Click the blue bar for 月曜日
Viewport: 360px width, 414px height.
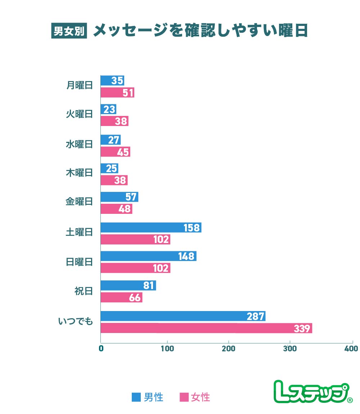pyautogui.click(x=112, y=81)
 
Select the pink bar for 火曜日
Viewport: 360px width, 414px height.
pyautogui.click(x=114, y=121)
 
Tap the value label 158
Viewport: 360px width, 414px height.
pyautogui.click(x=191, y=228)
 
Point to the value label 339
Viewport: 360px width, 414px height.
pyautogui.click(x=302, y=328)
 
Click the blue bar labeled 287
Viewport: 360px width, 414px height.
pyautogui.click(x=183, y=316)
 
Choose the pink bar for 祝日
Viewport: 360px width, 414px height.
pyautogui.click(x=121, y=298)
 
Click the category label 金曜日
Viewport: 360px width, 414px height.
pyautogui.click(x=79, y=202)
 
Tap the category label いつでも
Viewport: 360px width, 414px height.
pyautogui.click(x=76, y=321)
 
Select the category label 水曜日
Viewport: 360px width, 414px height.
pyautogui.click(x=79, y=144)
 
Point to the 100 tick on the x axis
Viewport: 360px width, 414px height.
pyautogui.click(x=167, y=348)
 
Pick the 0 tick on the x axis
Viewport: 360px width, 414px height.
pyautogui.click(x=101, y=348)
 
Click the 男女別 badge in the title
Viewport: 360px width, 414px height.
pyautogui.click(x=69, y=31)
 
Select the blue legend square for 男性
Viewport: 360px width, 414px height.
pyautogui.click(x=136, y=397)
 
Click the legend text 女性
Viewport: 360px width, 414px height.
pyautogui.click(x=200, y=397)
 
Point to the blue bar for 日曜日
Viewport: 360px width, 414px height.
pyautogui.click(x=148, y=256)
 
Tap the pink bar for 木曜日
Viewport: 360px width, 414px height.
pyautogui.click(x=114, y=180)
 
